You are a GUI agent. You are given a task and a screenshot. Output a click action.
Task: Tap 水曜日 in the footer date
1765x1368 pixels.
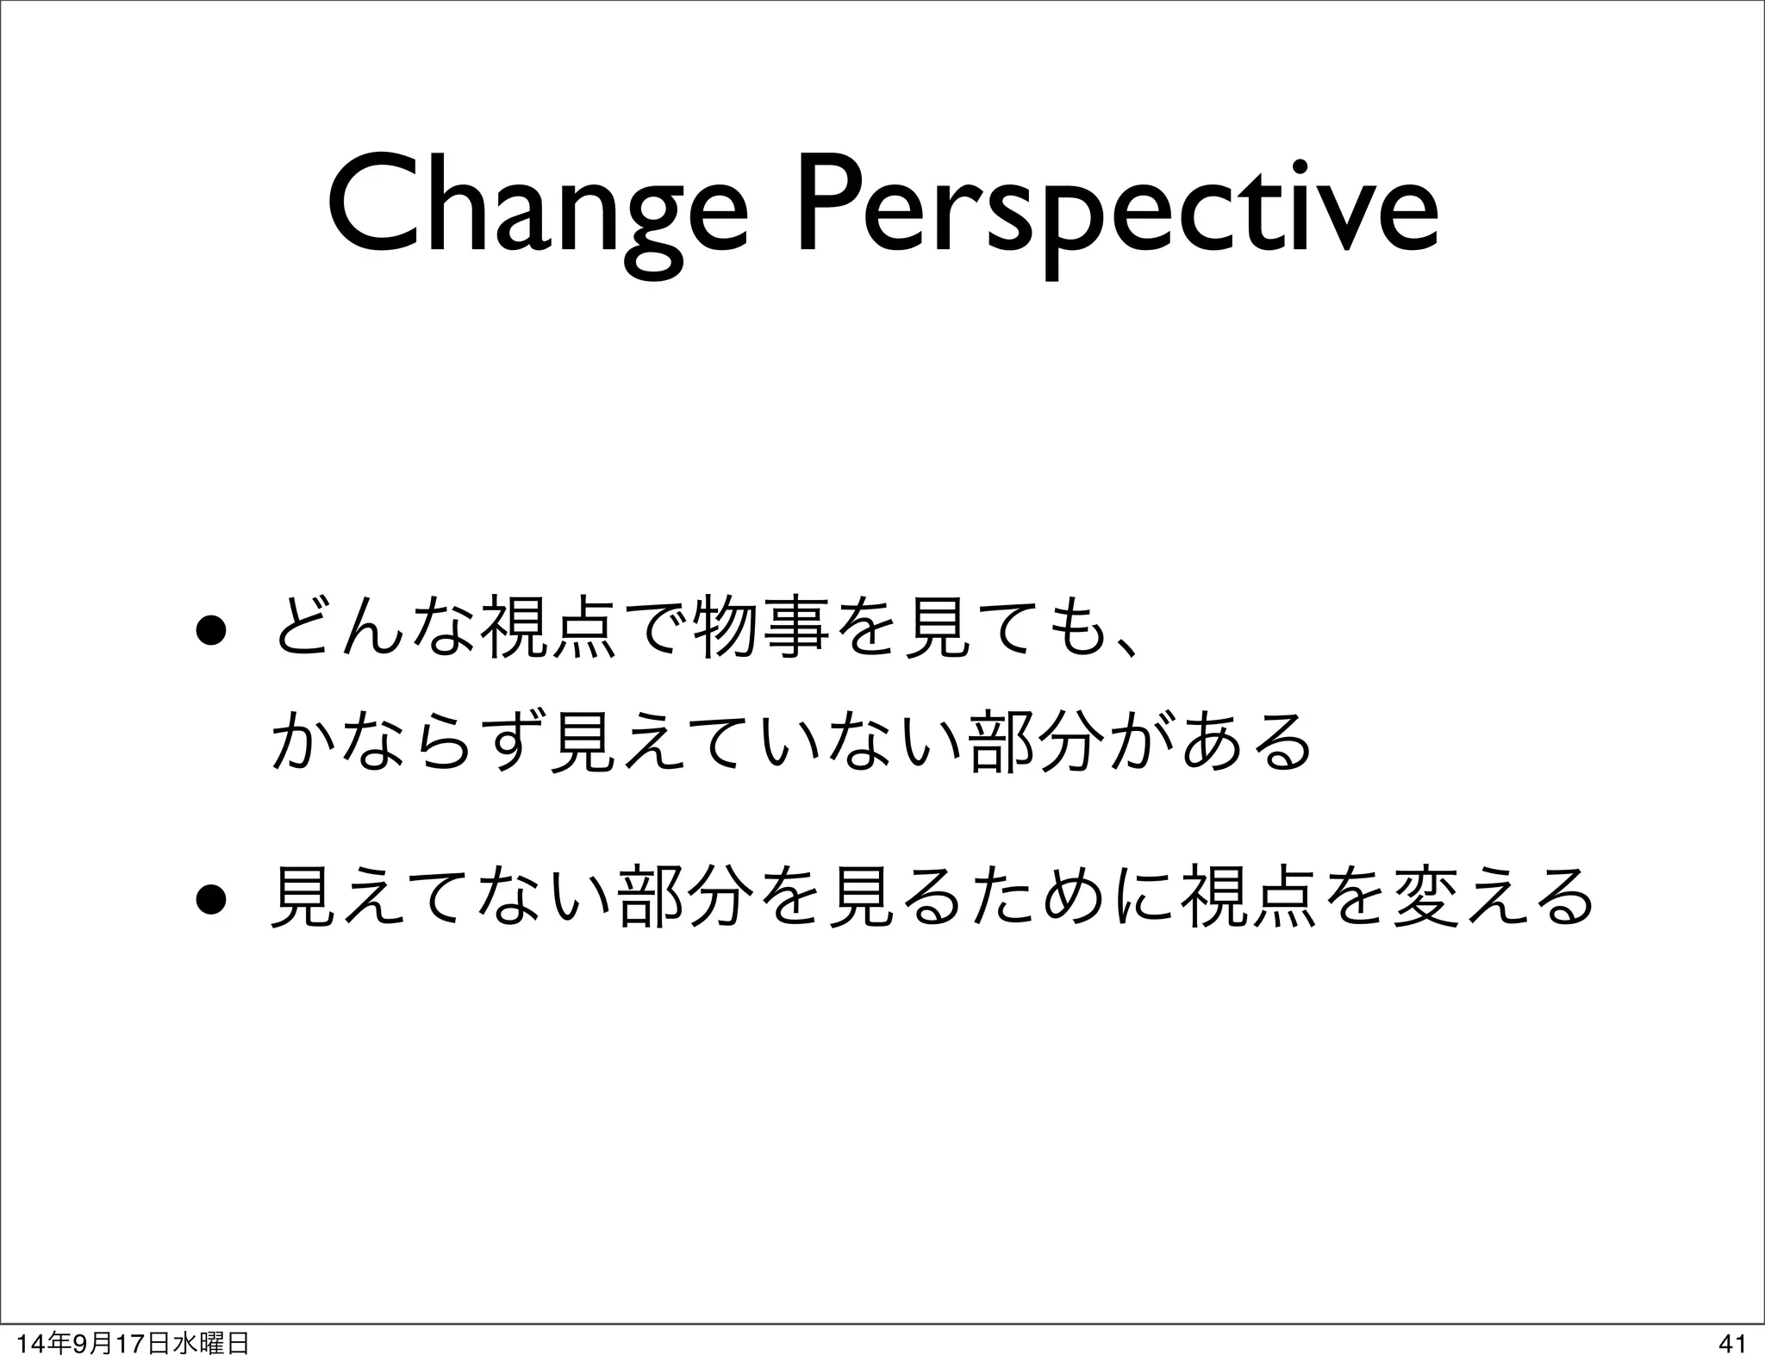(x=210, y=1343)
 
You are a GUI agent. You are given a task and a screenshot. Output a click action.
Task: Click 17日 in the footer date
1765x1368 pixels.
(x=143, y=1343)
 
